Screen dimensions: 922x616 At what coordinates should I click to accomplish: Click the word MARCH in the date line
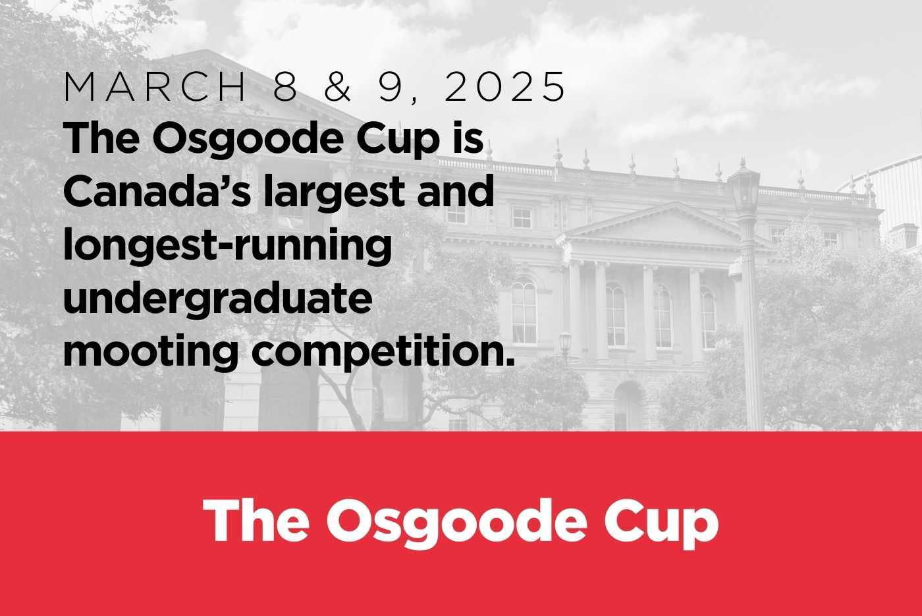pyautogui.click(x=155, y=86)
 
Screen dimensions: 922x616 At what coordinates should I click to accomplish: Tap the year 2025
pyautogui.click(x=504, y=86)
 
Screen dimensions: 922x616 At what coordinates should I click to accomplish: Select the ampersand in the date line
pyautogui.click(x=337, y=86)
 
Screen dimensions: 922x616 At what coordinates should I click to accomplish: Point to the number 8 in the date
pyautogui.click(x=285, y=86)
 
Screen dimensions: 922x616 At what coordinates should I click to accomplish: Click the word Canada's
pyautogui.click(x=157, y=192)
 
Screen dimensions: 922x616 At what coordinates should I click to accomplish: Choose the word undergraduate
pyautogui.click(x=218, y=299)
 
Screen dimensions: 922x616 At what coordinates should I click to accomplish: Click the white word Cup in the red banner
pyautogui.click(x=661, y=524)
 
